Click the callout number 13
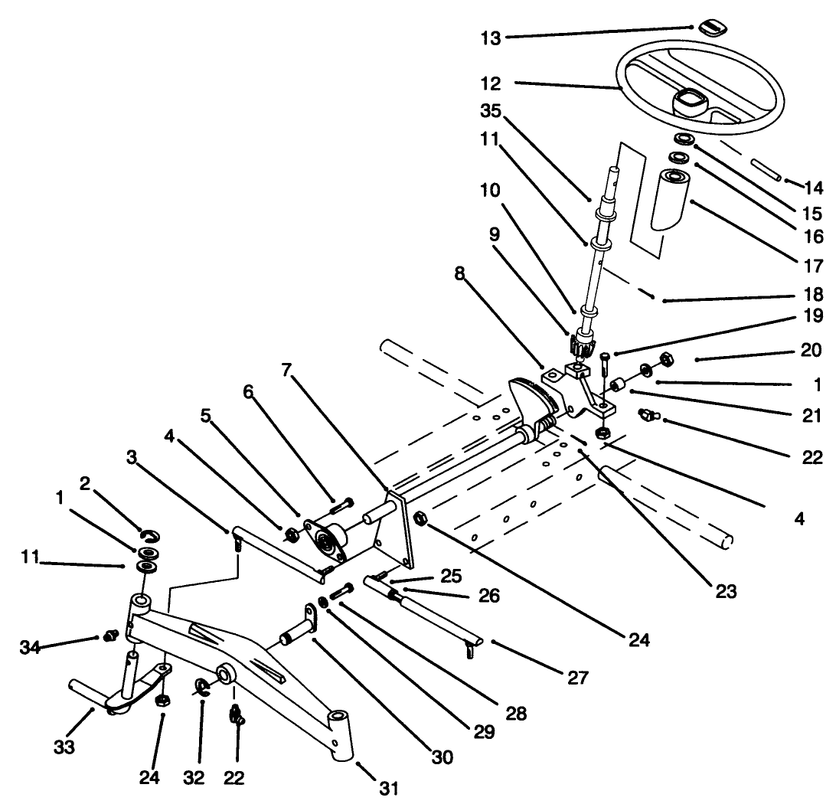[490, 38]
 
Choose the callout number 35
[490, 111]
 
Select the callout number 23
[725, 590]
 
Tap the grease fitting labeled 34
[109, 635]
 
